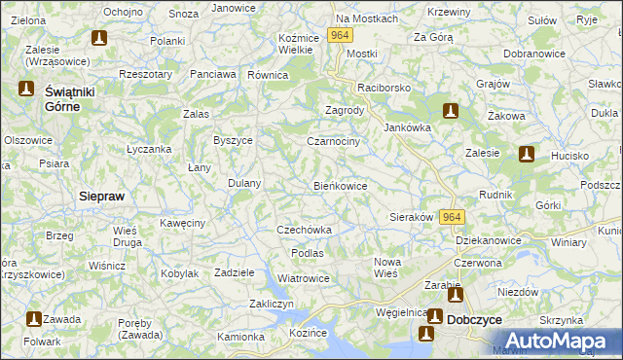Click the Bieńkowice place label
(340, 186)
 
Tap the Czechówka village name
(305, 231)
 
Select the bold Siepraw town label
(101, 196)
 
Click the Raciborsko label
(384, 88)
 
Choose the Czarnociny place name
(334, 142)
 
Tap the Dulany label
(243, 183)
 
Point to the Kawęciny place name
(182, 224)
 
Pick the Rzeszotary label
(143, 74)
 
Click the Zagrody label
(344, 111)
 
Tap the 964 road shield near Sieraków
(452, 217)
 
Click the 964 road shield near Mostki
(340, 35)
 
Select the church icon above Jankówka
(449, 111)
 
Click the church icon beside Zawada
(33, 318)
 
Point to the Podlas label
(307, 253)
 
